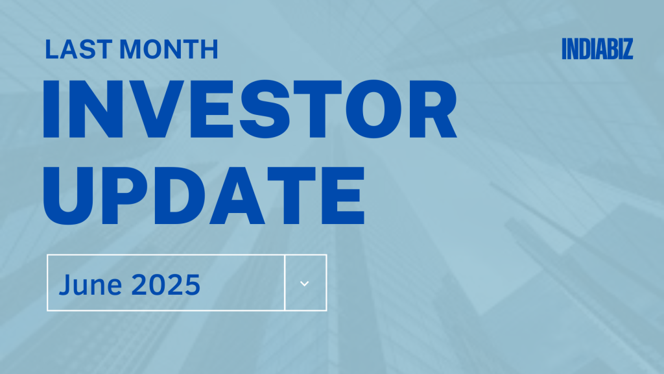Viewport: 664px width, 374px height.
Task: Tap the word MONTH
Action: (169, 49)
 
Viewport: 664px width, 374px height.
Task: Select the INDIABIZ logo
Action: (597, 49)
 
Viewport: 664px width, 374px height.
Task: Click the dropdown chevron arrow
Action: (305, 283)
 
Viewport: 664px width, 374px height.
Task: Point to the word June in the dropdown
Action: (90, 284)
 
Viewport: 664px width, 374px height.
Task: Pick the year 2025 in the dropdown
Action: (166, 284)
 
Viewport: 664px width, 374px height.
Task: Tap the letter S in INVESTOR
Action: (265, 109)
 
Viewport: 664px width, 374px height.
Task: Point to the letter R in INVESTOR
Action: (433, 109)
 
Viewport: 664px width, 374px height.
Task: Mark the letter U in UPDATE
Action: (67, 196)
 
